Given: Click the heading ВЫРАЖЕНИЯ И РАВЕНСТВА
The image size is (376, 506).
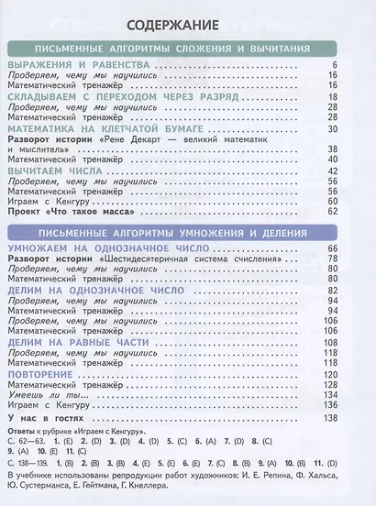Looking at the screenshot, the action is click(74, 66).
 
